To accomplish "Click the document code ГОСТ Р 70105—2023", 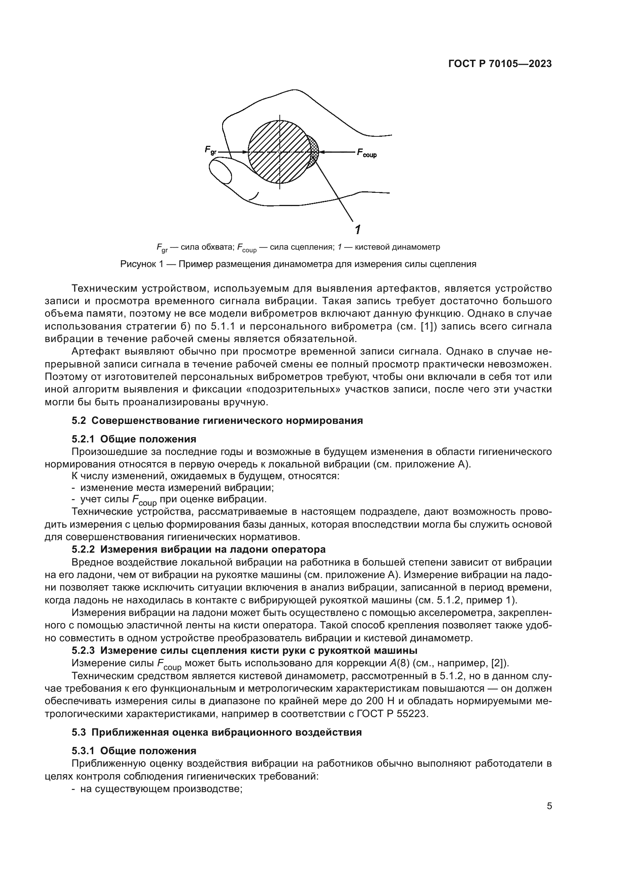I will click(500, 64).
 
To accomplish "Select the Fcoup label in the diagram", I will click(367, 153).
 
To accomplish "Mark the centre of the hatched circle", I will click(280, 152).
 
